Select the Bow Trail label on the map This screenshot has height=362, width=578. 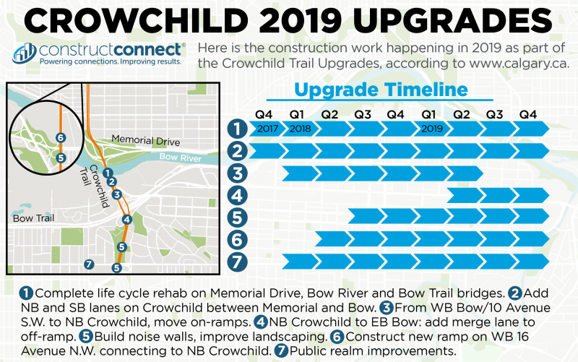29,217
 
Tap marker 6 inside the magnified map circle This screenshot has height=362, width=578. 61,138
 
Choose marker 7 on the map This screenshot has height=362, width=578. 89,264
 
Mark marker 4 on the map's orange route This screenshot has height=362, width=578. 127,220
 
